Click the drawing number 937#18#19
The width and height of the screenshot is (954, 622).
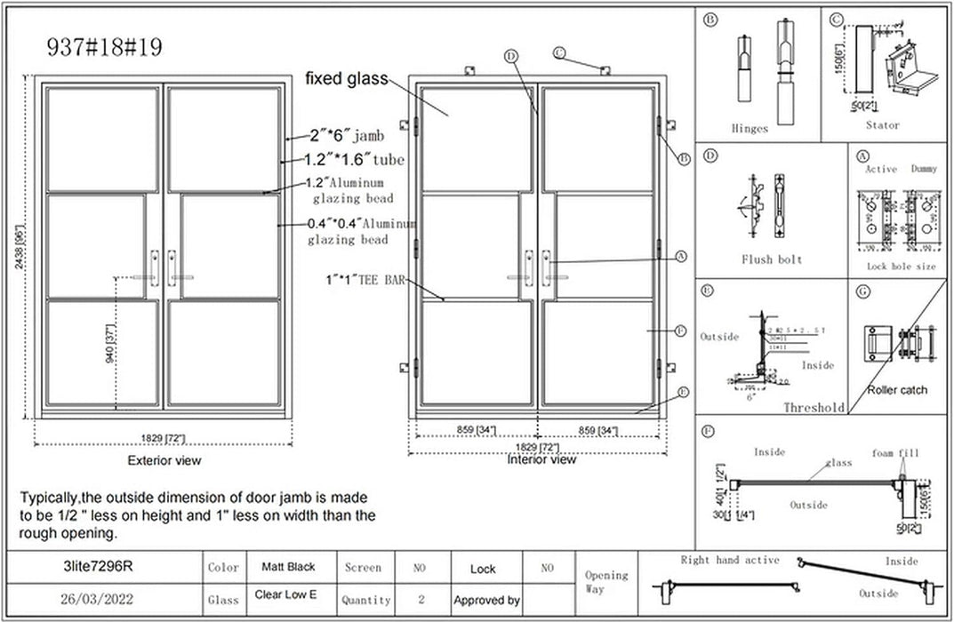104,47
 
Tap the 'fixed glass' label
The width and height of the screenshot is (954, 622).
346,78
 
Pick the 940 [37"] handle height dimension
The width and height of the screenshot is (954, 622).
109,344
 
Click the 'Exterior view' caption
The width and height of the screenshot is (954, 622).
164,460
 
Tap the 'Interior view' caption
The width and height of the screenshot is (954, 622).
541,459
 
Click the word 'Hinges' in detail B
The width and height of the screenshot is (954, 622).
749,127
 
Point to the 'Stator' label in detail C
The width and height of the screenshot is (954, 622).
881,125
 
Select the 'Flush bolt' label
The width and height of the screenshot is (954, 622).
771,259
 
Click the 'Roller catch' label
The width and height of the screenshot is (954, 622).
897,389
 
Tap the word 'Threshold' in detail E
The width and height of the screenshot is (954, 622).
814,407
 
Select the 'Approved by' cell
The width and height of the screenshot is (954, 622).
486,601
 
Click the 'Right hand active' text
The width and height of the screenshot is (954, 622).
729,560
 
